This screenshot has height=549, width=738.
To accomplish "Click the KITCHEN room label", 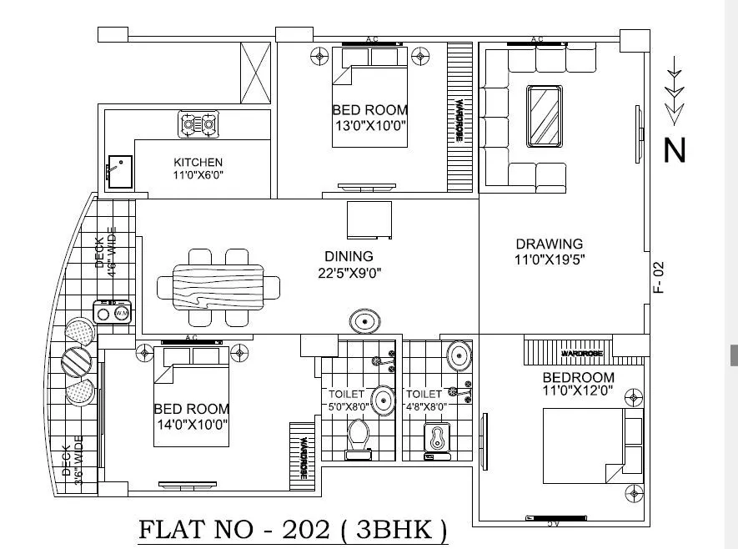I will coord(198,162).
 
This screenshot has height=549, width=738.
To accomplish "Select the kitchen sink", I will coord(118,169).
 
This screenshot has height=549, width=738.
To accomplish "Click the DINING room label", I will coord(349,256).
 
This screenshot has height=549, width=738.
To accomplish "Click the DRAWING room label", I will coord(549,244).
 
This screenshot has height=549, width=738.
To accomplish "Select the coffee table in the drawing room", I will coord(542,115).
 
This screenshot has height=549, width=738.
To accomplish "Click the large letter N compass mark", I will coord(674,151).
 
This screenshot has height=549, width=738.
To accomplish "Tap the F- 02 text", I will coord(658,277).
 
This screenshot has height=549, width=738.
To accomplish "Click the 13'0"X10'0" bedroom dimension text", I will coord(370,126).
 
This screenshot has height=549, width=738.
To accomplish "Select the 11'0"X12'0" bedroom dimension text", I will coord(578,389).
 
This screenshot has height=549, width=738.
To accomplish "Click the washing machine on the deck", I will coord(113,313).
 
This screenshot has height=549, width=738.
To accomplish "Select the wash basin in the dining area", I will coord(364,321).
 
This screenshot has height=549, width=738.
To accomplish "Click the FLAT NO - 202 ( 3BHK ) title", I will coord(292,531).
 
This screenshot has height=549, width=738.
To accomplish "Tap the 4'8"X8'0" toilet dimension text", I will coord(426,407).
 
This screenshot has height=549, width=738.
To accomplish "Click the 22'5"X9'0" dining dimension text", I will coord(349,272).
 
